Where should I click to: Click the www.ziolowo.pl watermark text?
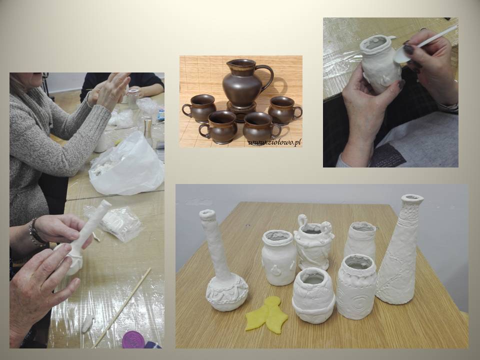(x=274, y=142)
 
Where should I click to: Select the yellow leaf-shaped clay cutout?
(x=267, y=314)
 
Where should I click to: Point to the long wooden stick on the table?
(x=122, y=307)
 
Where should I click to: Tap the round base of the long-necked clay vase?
(x=227, y=293)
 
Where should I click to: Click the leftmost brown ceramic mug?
(x=199, y=109)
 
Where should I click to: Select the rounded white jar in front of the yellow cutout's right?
(x=313, y=295)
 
